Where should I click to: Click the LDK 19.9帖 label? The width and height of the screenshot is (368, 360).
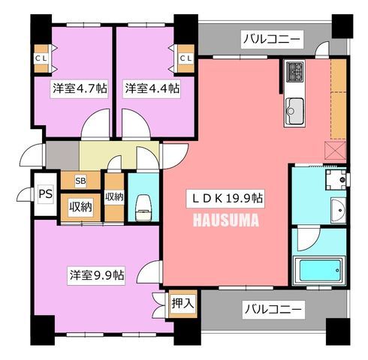(x=225, y=199)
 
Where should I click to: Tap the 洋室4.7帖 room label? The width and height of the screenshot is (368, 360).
(x=80, y=88)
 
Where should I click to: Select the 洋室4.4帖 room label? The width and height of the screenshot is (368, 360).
(x=152, y=88)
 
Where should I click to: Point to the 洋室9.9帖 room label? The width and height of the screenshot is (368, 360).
(x=96, y=276)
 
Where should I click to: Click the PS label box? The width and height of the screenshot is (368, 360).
(x=46, y=193)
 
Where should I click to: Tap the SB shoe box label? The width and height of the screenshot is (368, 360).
(x=80, y=181)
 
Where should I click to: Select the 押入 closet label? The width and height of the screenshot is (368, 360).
(x=182, y=304)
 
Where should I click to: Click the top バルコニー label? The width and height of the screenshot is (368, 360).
(x=272, y=40)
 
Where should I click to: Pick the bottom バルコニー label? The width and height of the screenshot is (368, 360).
(x=273, y=310)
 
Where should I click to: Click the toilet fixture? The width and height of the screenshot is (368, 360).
(x=143, y=208)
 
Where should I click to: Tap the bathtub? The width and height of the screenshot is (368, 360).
(x=319, y=271)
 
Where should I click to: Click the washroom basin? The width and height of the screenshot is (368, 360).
(x=339, y=210)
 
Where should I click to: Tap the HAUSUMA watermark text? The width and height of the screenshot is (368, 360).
(x=226, y=220)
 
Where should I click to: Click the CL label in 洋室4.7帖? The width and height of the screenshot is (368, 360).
(x=41, y=58)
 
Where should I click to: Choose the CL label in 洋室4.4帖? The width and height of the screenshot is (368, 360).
(x=186, y=58)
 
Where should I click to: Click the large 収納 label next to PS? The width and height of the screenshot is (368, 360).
(x=80, y=207)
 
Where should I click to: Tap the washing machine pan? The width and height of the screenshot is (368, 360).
(x=336, y=179)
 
